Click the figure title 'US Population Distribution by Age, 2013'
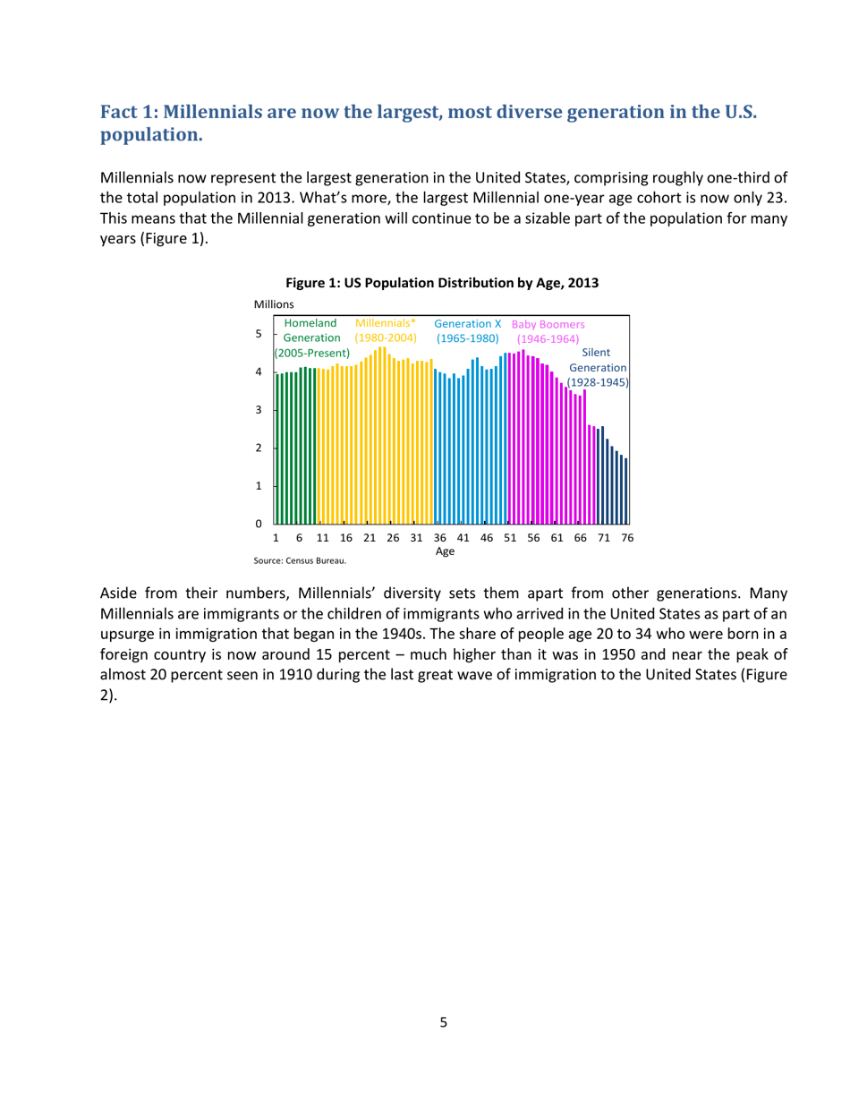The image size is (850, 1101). [x=446, y=283]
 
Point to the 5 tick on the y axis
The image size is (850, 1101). [x=259, y=334]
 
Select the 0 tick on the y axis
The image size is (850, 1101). [x=259, y=523]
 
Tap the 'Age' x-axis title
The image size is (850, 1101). [x=445, y=551]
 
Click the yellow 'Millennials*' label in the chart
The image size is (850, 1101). [x=386, y=322]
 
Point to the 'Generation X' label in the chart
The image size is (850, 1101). [x=467, y=322]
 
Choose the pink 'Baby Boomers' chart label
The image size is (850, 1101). [x=548, y=324]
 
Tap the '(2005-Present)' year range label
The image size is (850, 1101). [x=312, y=354]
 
